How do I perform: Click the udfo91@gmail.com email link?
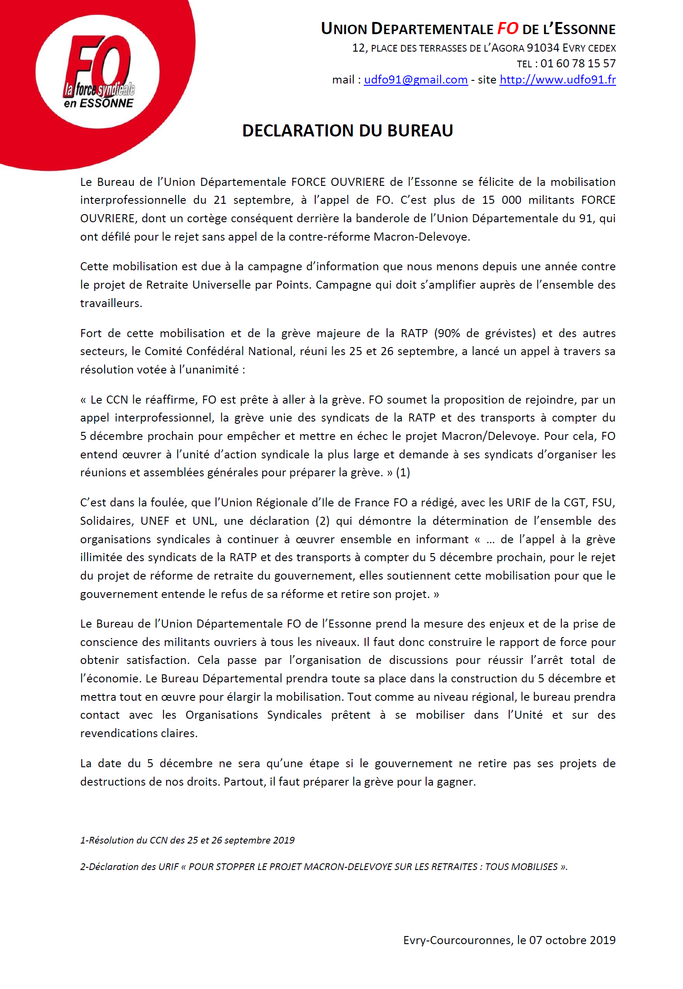415,80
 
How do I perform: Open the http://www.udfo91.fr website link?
557,80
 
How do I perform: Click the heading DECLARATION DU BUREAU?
348,131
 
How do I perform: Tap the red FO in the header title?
507,29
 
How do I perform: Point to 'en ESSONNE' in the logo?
99,104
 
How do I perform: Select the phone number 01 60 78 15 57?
578,64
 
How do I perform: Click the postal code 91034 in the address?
543,48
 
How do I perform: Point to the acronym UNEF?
155,521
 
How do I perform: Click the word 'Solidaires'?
106,521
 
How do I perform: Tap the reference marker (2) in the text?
322,521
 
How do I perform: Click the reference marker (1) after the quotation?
403,473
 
